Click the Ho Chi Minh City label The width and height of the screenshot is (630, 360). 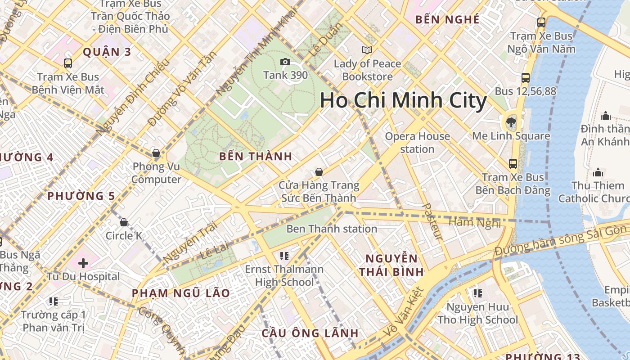click(403, 101)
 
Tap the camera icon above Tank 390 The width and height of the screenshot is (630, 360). click(285, 62)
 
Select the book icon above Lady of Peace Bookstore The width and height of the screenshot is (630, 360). click(367, 50)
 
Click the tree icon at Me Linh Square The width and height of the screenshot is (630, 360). click(511, 121)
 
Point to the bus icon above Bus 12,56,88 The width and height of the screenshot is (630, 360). click(525, 77)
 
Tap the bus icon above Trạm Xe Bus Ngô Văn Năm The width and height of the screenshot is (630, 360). click(541, 22)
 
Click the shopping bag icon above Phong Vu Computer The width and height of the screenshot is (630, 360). click(156, 153)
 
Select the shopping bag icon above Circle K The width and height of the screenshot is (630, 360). click(124, 222)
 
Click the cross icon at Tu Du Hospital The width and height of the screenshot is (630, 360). click(83, 263)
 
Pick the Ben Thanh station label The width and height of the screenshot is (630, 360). click(332, 229)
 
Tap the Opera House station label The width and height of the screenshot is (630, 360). click(417, 142)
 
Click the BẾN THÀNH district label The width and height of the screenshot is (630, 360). click(256, 157)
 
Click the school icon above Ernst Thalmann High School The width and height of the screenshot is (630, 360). click(284, 256)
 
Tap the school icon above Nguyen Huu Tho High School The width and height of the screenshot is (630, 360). click(477, 294)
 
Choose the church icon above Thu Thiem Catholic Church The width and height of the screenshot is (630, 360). click(598, 172)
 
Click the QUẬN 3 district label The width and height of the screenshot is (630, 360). click(107, 52)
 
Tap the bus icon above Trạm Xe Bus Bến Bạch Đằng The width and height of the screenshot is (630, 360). click(513, 163)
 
